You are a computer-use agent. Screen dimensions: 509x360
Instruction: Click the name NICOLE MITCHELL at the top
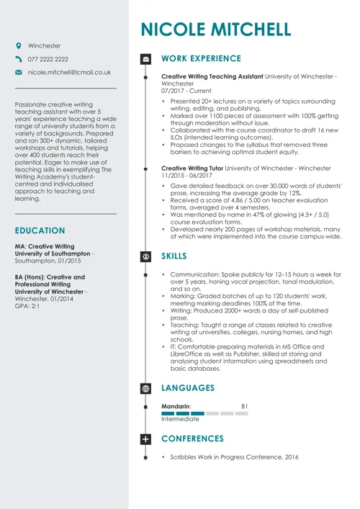click(x=216, y=30)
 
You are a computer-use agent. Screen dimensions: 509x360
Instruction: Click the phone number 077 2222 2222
click(x=48, y=59)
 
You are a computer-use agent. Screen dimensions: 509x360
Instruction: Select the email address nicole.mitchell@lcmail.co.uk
click(x=69, y=73)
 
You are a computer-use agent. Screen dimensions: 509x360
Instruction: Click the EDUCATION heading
click(x=40, y=231)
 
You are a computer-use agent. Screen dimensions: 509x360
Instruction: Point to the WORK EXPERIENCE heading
click(x=201, y=58)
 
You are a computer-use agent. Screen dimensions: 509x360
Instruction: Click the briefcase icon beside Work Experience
click(x=146, y=58)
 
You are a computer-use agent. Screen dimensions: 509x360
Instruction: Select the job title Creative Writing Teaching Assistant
click(x=212, y=76)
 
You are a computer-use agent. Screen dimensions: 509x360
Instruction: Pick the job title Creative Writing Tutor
click(x=192, y=168)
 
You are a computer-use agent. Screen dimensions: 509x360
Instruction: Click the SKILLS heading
click(x=174, y=256)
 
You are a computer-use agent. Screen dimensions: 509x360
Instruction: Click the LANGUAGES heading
click(x=188, y=387)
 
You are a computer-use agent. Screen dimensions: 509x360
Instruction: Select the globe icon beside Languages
click(x=146, y=388)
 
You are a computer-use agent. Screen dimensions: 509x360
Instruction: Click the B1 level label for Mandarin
click(x=244, y=406)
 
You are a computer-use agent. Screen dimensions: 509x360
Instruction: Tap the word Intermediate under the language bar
click(x=180, y=419)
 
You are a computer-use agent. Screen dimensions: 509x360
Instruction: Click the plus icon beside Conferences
click(x=146, y=438)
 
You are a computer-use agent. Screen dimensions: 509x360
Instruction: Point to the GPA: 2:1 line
click(x=27, y=306)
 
